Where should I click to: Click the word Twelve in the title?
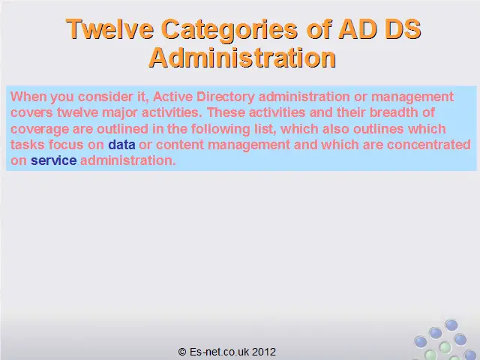110,29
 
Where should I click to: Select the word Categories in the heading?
229,30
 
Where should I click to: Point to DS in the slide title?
403,29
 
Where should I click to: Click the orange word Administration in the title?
242,58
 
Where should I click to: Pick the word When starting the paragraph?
28,97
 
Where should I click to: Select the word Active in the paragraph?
172,97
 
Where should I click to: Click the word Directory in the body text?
226,97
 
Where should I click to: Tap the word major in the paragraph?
120,113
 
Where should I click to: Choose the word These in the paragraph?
226,112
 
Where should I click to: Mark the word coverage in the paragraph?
40,129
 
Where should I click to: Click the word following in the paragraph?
220,129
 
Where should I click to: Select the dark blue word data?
121,145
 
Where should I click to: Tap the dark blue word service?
53,160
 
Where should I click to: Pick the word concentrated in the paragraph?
429,145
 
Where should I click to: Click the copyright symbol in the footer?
182,352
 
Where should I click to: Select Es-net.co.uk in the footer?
219,352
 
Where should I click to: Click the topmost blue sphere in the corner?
451,325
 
